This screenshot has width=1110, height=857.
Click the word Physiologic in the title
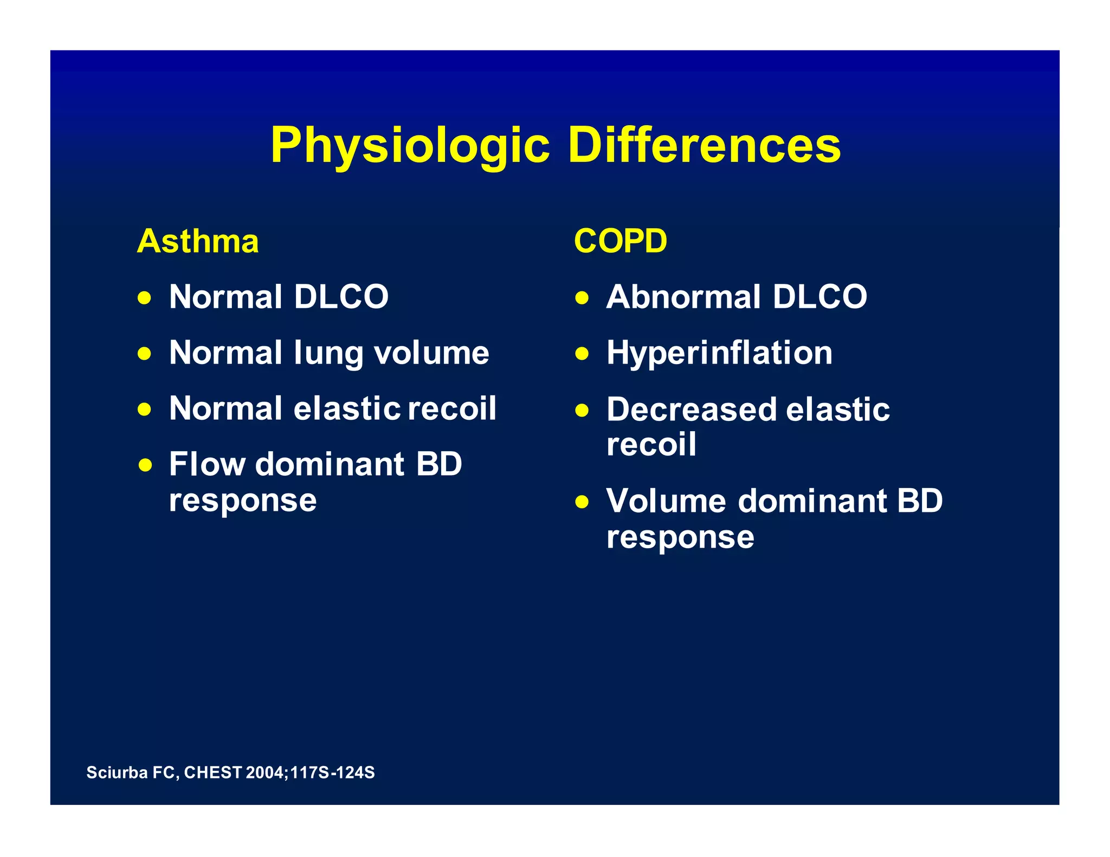410,145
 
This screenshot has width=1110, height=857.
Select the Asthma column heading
198,241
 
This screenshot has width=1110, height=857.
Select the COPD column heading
620,241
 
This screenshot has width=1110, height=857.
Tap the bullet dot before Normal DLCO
144,298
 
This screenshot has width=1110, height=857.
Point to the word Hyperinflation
719,353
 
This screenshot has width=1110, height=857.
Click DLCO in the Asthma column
341,297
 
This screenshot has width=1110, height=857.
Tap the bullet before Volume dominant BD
582,502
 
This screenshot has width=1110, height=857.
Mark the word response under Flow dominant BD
242,501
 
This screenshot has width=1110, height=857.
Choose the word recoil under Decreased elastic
651,445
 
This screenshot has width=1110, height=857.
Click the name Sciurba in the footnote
117,772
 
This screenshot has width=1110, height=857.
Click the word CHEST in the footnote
212,772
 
